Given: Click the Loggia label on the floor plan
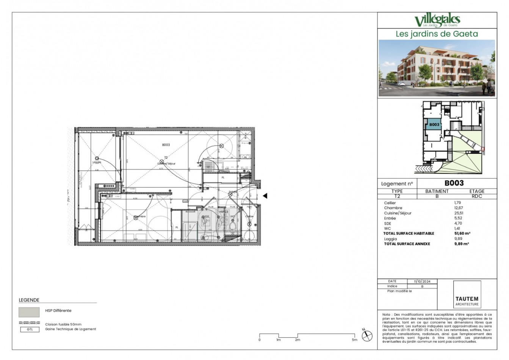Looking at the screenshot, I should [97, 162].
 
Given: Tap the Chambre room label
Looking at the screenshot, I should [139, 216].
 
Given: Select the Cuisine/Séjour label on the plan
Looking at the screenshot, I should [167, 164].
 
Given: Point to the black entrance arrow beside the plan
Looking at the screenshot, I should [265, 196].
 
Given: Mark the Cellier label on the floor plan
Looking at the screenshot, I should [249, 216].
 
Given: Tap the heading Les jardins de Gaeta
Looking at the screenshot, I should [437, 34].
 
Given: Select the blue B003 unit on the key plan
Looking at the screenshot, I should [434, 124].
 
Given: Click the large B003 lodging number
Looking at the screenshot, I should [454, 183].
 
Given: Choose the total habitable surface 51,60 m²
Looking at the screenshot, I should [462, 233].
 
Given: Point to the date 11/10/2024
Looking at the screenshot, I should [422, 282].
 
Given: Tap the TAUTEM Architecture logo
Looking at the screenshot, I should [467, 299].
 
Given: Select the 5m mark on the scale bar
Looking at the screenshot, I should [354, 340].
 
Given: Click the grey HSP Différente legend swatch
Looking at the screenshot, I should [29, 312].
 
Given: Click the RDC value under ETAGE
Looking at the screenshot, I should [476, 196].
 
